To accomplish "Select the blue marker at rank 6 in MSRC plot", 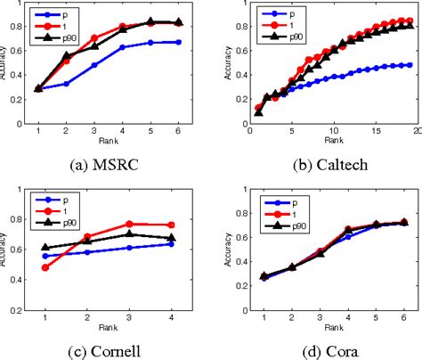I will pos(179,42).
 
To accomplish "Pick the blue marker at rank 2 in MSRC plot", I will pos(66,84).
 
